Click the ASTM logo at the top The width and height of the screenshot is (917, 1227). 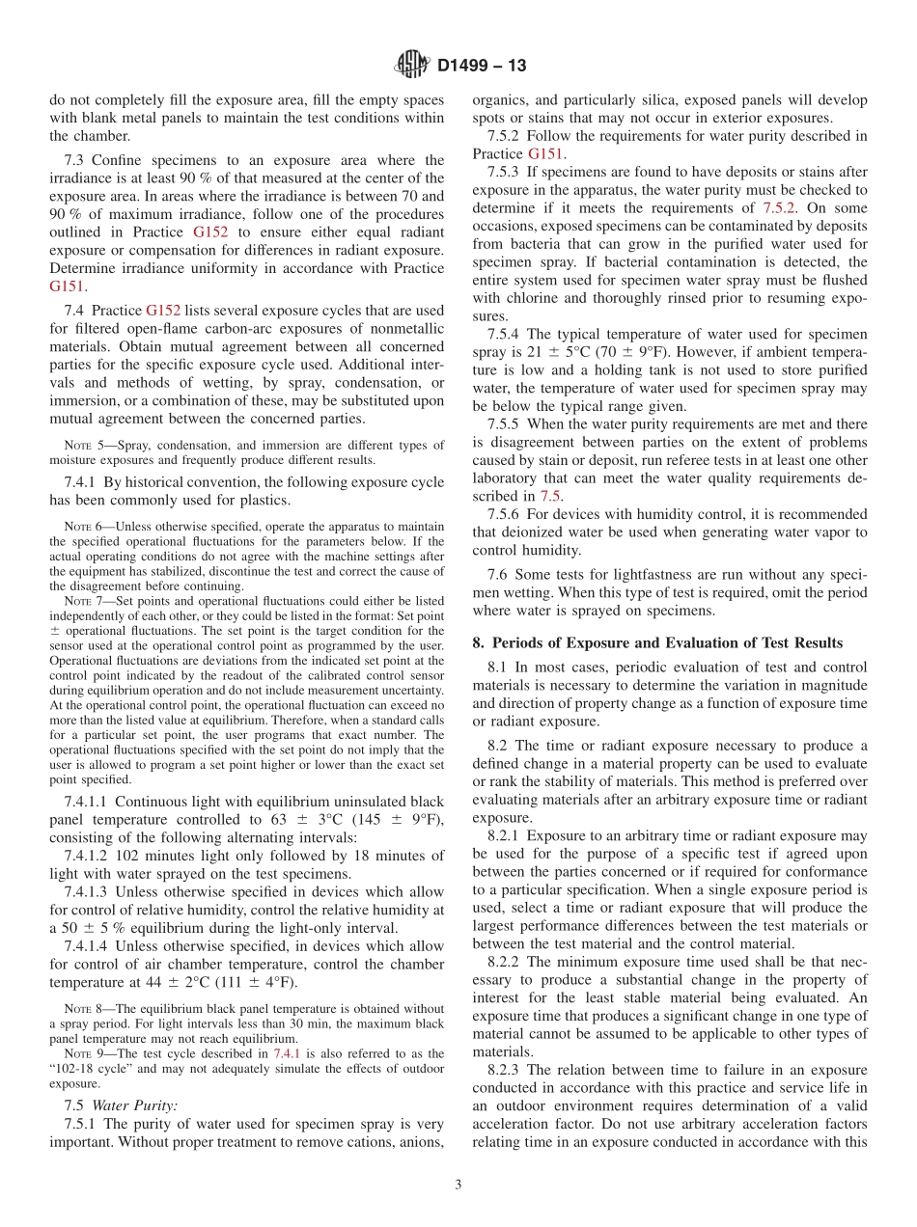pos(412,66)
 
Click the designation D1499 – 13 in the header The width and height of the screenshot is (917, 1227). pos(482,67)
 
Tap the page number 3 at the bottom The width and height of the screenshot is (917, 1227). pos(458,1186)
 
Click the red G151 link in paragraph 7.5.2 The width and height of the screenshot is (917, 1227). pos(547,153)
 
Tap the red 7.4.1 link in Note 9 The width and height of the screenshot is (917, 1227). pos(289,1054)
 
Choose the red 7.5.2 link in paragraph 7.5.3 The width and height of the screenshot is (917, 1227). pos(779,207)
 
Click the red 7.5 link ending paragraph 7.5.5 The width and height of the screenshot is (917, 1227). pos(549,496)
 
